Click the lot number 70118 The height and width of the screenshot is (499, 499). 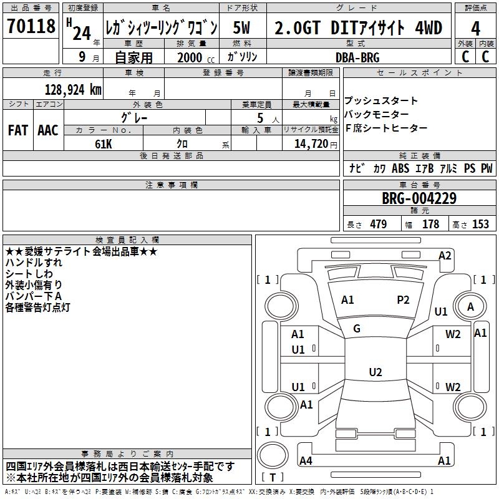[31, 26]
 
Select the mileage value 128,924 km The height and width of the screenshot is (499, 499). [73, 90]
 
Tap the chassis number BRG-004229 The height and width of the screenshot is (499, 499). [419, 198]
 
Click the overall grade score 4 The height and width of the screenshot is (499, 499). [475, 29]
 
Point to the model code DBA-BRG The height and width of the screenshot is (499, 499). [357, 57]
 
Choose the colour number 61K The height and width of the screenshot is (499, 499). [104, 144]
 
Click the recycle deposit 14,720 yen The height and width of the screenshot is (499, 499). [316, 144]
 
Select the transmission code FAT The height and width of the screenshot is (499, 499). [18, 130]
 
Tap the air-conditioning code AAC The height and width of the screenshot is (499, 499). [48, 130]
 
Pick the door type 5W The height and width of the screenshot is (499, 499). [241, 27]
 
